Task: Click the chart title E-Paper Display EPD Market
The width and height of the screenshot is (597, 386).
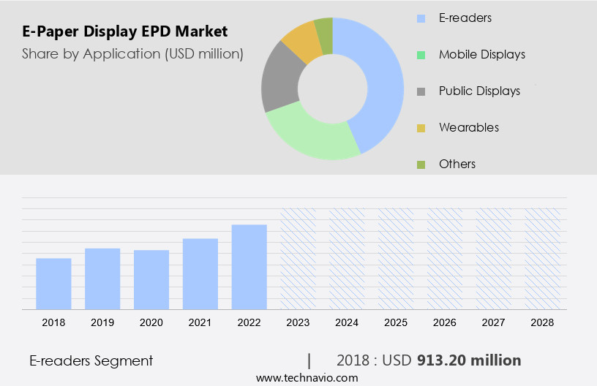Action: click(x=124, y=31)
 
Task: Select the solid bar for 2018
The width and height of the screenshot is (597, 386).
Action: click(x=53, y=284)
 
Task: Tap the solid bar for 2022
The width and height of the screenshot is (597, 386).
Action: click(x=249, y=267)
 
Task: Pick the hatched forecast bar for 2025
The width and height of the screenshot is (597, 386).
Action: click(x=396, y=259)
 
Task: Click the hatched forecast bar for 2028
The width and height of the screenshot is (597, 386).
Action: click(x=543, y=259)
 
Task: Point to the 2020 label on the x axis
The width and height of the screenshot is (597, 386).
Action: click(x=151, y=322)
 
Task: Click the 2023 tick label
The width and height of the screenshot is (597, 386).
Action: click(x=298, y=322)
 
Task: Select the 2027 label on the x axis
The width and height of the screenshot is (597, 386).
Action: click(x=494, y=322)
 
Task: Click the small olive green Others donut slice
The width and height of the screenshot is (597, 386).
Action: click(x=324, y=32)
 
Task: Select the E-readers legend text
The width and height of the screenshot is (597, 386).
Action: click(x=465, y=18)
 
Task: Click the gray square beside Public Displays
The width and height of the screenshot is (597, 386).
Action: click(x=421, y=91)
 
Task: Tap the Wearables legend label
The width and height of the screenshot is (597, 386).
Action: click(x=468, y=127)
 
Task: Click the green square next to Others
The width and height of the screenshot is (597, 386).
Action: click(x=421, y=164)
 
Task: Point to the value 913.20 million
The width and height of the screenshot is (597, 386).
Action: click(x=469, y=360)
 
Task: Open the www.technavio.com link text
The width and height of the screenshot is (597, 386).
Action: click(x=307, y=378)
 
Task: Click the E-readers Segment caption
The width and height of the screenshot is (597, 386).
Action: click(x=91, y=360)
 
